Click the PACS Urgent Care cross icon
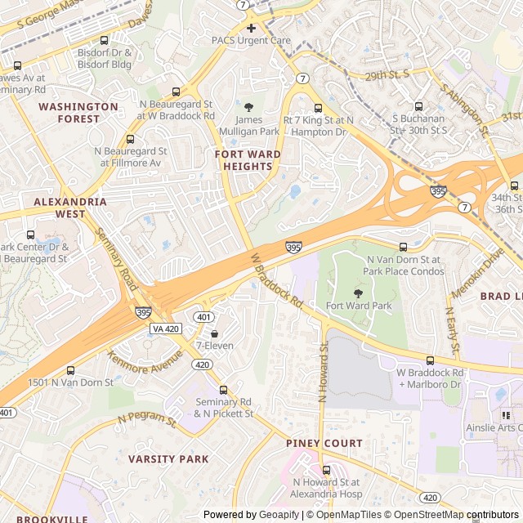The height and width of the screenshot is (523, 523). (x=251, y=28)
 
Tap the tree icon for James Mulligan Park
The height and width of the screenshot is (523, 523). (x=249, y=107)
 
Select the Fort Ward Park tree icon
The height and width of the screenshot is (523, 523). (x=358, y=293)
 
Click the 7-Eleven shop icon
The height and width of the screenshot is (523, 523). (x=214, y=333)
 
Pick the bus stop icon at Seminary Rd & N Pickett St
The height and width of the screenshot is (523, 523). (x=224, y=390)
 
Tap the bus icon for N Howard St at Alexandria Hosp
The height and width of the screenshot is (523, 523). (x=326, y=470)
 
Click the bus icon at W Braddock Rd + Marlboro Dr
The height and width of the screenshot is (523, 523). (x=430, y=360)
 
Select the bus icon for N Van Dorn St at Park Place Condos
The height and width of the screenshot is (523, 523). (x=403, y=247)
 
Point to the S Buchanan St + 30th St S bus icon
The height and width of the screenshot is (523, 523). (x=418, y=106)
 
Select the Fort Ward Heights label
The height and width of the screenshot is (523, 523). (x=248, y=160)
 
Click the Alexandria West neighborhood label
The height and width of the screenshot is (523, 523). (x=70, y=208)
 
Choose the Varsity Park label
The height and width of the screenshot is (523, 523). (x=168, y=459)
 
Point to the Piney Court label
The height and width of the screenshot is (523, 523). (x=324, y=443)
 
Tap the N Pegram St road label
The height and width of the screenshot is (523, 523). (x=147, y=420)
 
